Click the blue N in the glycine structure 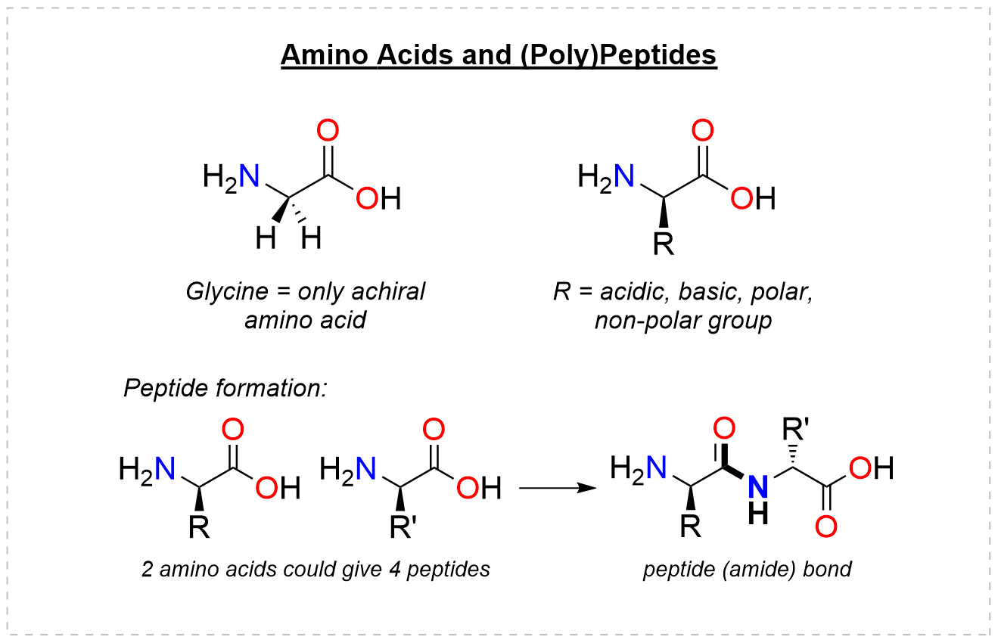click(250, 179)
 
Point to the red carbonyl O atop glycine click(328, 131)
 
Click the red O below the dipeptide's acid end click(827, 526)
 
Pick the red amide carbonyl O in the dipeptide click(724, 429)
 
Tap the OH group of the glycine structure click(378, 199)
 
